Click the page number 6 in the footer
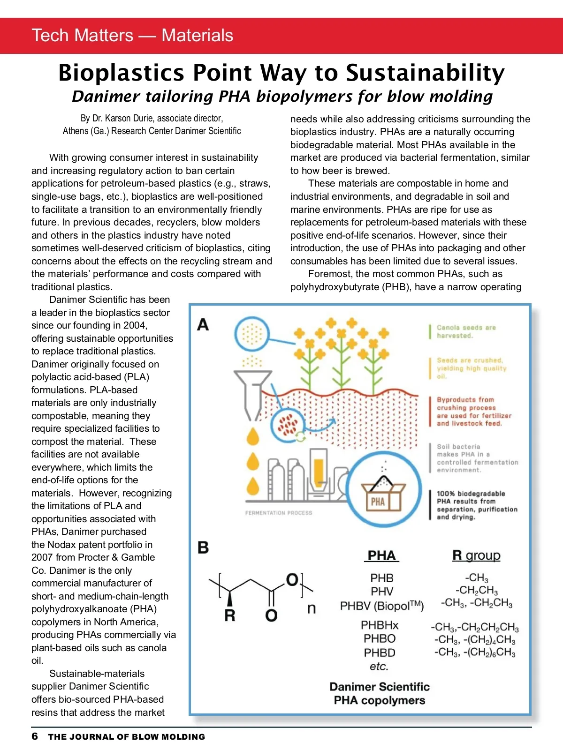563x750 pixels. coord(35,736)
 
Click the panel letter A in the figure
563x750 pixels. coord(203,324)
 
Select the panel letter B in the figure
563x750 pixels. coord(203,547)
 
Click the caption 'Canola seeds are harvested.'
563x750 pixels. coord(466,331)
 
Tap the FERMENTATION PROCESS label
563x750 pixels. coord(278,513)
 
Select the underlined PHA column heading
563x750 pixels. coord(381,555)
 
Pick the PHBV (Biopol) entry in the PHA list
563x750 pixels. coord(382,606)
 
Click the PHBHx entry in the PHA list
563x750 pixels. coord(380,625)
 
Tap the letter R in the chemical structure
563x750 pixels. coord(230,615)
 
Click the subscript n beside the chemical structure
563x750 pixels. coord(312,608)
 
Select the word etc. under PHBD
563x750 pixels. coord(379,666)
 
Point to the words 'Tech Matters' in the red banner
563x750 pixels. coord(83,36)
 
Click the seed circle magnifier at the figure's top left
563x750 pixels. coord(252,334)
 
